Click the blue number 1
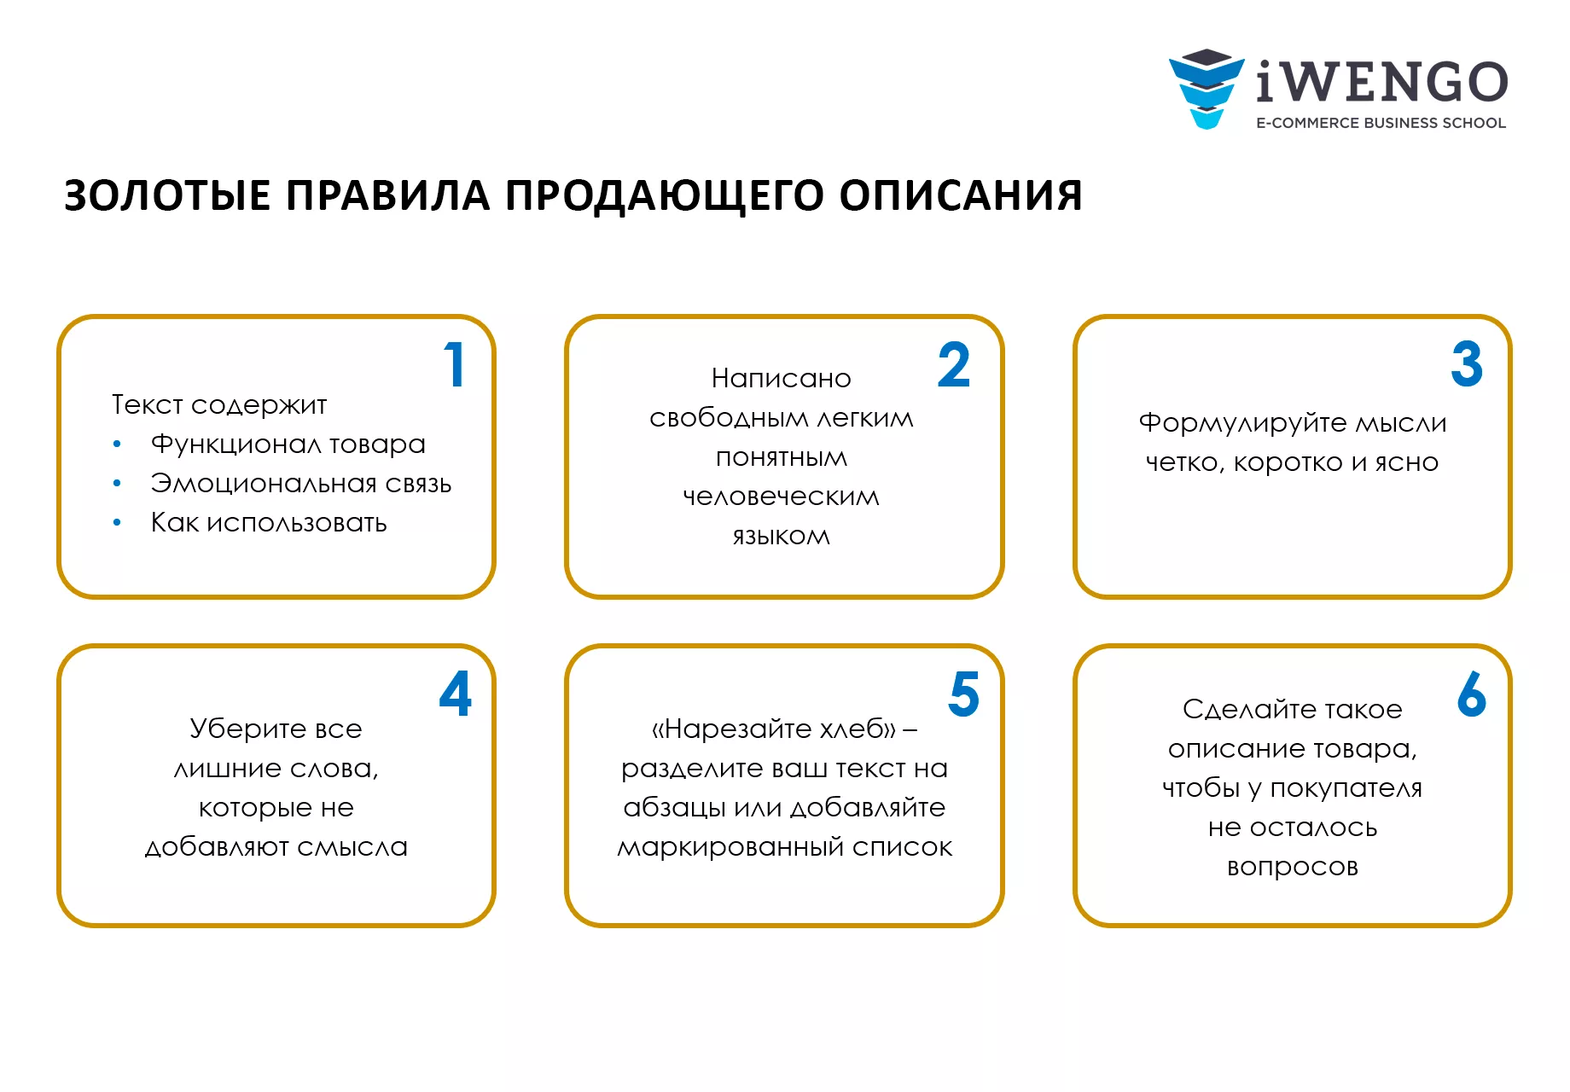[x=456, y=365]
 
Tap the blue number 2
[x=954, y=365]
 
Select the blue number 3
[x=1467, y=364]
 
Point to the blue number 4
[x=456, y=694]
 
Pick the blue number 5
[x=964, y=694]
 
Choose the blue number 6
[x=1472, y=694]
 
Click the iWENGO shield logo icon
[x=1207, y=89]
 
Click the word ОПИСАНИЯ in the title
[x=961, y=195]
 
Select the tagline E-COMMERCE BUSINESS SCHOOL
[x=1381, y=123]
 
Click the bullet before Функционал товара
[x=117, y=444]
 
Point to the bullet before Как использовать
[x=117, y=523]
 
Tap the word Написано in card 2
[x=782, y=378]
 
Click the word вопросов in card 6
[x=1293, y=868]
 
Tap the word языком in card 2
[x=782, y=537]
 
